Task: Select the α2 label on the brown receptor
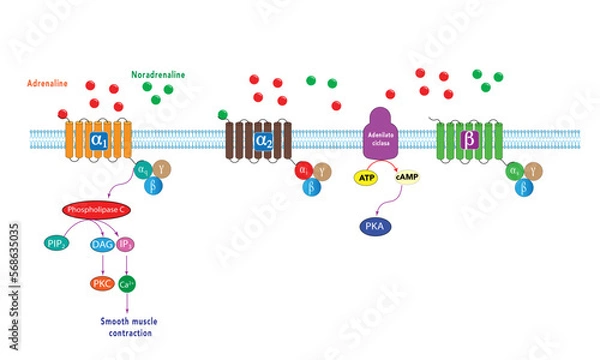pos(263,140)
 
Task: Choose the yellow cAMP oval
pos(406,177)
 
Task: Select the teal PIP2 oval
pos(58,243)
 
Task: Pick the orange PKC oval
pos(102,284)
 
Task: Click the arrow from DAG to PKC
pos(102,263)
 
